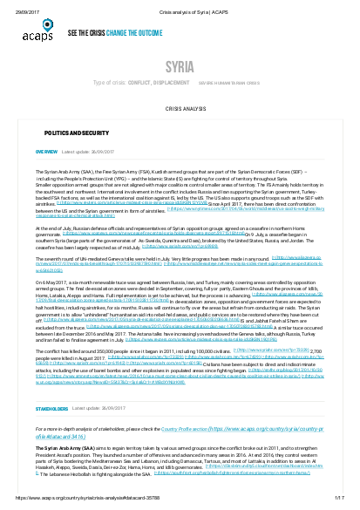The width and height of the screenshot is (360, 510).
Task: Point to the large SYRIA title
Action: pos(180,67)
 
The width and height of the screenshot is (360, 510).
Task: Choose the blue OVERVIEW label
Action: pos(46,175)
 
